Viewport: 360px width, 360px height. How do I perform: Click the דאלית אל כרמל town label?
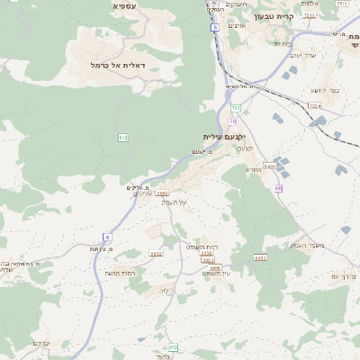117,65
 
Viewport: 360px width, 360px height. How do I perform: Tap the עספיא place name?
124,6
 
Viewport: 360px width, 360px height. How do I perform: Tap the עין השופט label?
216,273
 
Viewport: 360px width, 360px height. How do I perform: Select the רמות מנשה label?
120,273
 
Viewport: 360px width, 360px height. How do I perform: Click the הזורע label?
253,169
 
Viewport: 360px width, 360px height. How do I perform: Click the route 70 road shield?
232,121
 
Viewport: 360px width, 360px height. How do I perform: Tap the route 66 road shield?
279,188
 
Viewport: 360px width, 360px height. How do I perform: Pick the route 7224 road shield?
314,106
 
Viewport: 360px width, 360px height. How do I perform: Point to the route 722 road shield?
236,107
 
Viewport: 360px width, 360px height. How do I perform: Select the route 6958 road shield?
214,268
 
